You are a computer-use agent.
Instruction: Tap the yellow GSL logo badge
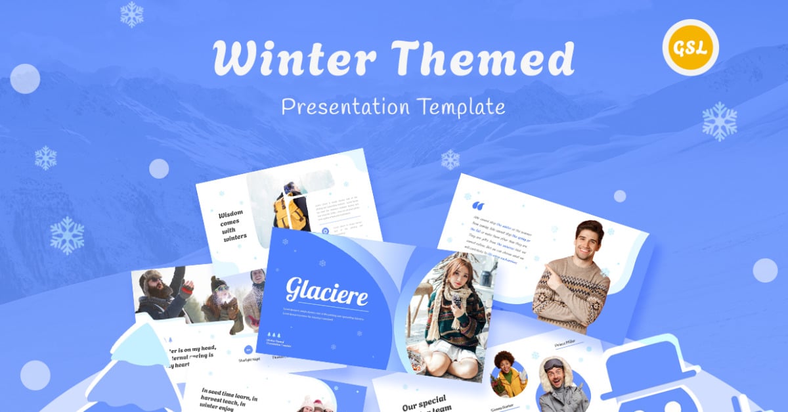690,47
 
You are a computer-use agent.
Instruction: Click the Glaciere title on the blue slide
326,290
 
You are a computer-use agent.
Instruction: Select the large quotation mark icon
479,206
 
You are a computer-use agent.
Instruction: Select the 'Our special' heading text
424,400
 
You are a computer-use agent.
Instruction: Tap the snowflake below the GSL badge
719,122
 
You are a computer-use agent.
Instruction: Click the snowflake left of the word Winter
132,14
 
